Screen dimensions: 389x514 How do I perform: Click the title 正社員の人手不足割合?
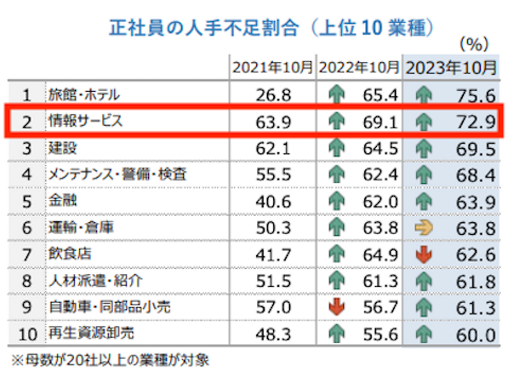point(203,28)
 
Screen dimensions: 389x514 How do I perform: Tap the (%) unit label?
point(474,44)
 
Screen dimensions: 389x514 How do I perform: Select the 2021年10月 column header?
point(273,67)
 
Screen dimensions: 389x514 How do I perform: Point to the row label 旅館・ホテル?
point(84,95)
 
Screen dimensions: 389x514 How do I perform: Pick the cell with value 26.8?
point(273,95)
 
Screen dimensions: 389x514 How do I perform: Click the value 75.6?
point(476,96)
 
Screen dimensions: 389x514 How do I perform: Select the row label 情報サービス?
point(86,121)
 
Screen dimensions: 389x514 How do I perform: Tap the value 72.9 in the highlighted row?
point(476,122)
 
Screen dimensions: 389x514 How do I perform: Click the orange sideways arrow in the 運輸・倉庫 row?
point(424,228)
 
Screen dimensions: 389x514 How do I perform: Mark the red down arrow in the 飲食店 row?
point(424,255)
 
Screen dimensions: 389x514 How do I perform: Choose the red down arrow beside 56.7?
point(337,307)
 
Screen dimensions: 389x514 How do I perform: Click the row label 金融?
point(63,200)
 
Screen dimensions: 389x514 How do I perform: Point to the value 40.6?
point(273,202)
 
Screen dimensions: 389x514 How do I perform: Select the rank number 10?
point(27,334)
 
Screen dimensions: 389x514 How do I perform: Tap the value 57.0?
point(273,307)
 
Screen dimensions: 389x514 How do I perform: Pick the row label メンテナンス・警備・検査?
point(117,174)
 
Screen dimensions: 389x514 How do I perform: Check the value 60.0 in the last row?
point(476,335)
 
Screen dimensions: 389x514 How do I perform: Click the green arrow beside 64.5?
point(337,148)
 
